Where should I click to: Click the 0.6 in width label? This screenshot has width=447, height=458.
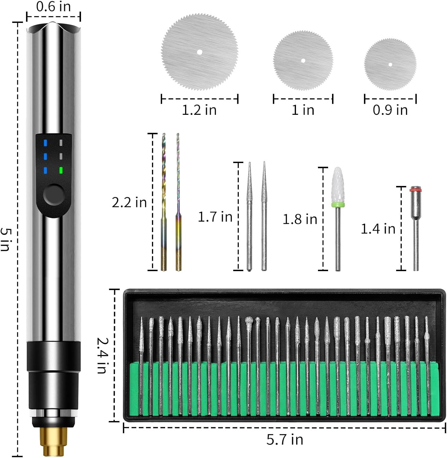click(53, 6)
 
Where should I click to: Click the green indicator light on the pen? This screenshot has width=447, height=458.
click(61, 170)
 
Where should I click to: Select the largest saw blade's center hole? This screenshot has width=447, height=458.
click(200, 52)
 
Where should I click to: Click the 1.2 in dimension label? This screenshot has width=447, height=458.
click(199, 110)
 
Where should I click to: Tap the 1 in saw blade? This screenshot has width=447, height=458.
click(303, 60)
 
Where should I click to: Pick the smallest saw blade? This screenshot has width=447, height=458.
click(390, 64)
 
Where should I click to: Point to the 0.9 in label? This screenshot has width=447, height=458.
click(390, 110)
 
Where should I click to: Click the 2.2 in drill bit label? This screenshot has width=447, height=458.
click(129, 202)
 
